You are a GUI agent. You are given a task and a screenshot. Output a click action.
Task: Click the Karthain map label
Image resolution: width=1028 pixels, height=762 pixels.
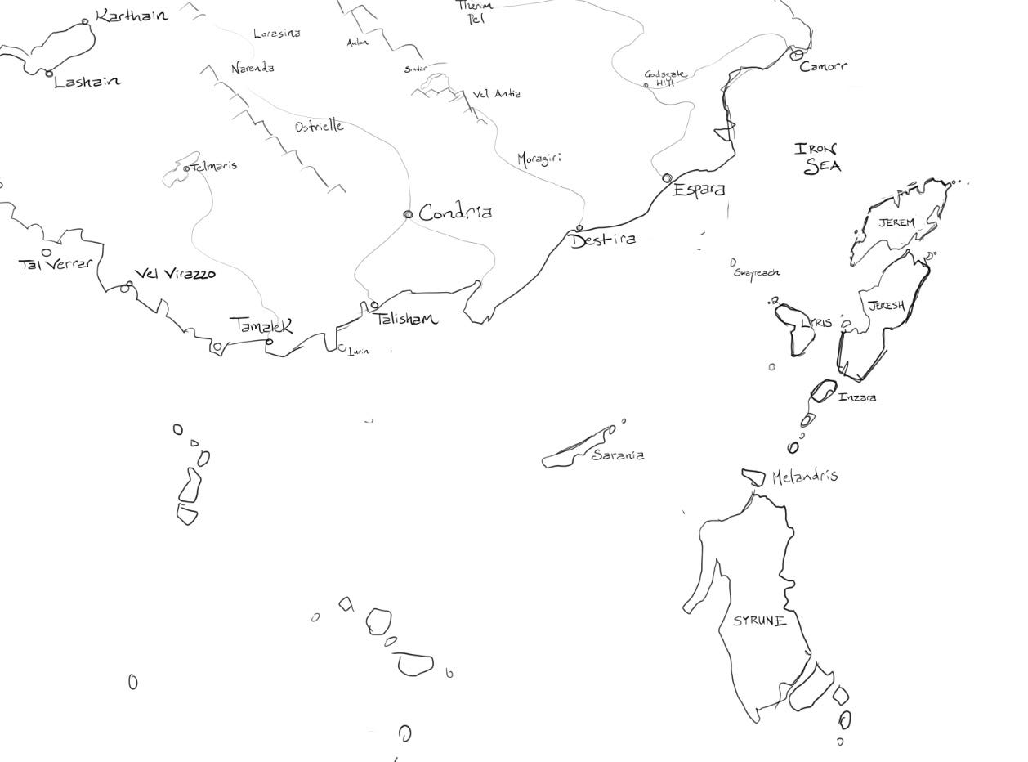[132, 16]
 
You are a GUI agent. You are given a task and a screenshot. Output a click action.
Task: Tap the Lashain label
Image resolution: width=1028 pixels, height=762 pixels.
[87, 82]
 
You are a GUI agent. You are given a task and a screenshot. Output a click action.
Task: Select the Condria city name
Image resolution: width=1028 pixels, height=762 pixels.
[455, 213]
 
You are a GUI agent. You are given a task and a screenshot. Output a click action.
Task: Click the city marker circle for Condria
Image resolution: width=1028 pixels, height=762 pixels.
[408, 215]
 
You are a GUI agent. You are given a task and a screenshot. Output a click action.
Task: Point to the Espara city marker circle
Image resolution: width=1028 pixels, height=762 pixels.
[667, 178]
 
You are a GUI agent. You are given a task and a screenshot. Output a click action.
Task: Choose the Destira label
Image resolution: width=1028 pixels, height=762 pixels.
[603, 240]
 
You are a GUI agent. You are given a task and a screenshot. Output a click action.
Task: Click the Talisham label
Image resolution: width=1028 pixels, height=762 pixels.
[406, 319]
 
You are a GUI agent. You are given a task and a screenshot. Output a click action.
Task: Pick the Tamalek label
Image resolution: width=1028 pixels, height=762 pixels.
[261, 325]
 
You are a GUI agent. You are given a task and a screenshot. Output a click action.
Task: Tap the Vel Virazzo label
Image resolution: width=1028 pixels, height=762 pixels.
[175, 274]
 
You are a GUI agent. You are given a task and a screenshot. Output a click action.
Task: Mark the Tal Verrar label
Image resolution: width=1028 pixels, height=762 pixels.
[56, 264]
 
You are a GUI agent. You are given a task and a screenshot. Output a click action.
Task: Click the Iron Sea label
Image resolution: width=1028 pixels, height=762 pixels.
[818, 158]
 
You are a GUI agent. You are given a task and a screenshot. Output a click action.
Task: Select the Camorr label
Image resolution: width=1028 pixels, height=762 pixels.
[823, 66]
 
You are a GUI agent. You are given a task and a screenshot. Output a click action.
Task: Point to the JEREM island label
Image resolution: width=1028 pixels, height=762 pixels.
[896, 222]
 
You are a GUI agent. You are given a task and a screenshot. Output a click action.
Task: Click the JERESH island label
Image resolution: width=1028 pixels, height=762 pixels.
[886, 306]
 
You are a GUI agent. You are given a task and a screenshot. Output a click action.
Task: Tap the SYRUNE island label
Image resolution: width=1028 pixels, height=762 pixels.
[759, 621]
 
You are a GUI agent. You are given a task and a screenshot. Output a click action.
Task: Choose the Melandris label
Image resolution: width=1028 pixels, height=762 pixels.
[804, 476]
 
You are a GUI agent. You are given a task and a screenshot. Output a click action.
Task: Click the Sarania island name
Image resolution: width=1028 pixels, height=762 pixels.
[618, 455]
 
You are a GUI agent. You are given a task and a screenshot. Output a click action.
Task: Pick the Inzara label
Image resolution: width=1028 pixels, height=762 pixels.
[857, 397]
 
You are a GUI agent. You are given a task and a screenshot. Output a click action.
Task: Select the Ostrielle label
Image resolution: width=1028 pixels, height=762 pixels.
[320, 127]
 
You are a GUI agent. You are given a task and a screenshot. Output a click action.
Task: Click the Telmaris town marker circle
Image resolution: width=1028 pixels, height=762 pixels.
[186, 168]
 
